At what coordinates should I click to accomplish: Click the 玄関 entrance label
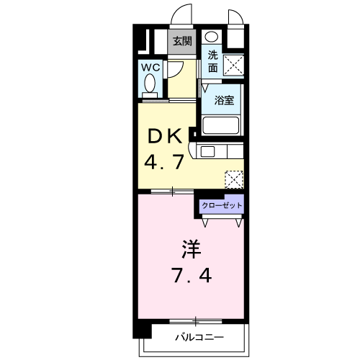(181, 42)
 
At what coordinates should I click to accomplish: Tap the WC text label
(150, 67)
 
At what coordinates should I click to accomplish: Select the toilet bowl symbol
(150, 86)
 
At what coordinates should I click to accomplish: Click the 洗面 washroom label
(213, 61)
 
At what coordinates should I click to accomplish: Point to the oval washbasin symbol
(211, 37)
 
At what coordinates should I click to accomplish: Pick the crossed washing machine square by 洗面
(233, 65)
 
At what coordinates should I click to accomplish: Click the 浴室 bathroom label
(223, 100)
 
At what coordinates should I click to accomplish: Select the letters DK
(163, 136)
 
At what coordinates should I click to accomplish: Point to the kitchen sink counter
(220, 151)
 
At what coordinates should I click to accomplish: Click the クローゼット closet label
(222, 205)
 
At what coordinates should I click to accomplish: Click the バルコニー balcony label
(199, 337)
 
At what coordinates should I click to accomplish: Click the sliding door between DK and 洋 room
(173, 191)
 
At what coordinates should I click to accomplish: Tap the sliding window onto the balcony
(194, 320)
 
